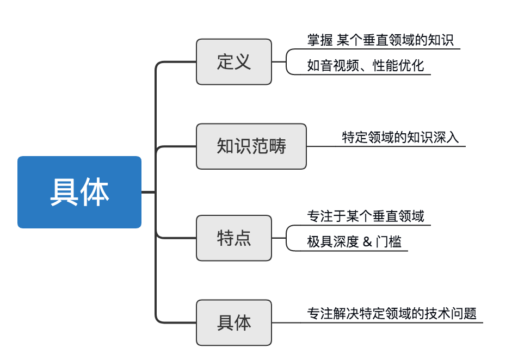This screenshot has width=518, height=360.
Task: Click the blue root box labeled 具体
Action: (x=79, y=192)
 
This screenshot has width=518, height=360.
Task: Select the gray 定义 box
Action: (x=234, y=61)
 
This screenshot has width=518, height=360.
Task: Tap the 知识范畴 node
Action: (x=251, y=146)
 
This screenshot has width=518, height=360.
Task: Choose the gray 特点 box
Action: (x=234, y=238)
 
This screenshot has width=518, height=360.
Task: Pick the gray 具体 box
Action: (x=234, y=322)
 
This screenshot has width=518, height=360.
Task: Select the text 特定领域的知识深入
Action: (x=400, y=138)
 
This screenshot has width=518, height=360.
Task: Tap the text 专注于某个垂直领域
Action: (x=365, y=216)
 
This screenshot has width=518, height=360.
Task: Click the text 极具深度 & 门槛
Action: (x=354, y=243)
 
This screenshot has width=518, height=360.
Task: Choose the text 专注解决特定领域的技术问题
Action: (x=392, y=314)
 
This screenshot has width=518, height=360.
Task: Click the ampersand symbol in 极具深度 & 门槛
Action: (x=367, y=243)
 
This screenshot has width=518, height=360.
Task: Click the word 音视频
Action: (x=339, y=66)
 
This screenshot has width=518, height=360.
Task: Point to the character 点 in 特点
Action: (x=243, y=238)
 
